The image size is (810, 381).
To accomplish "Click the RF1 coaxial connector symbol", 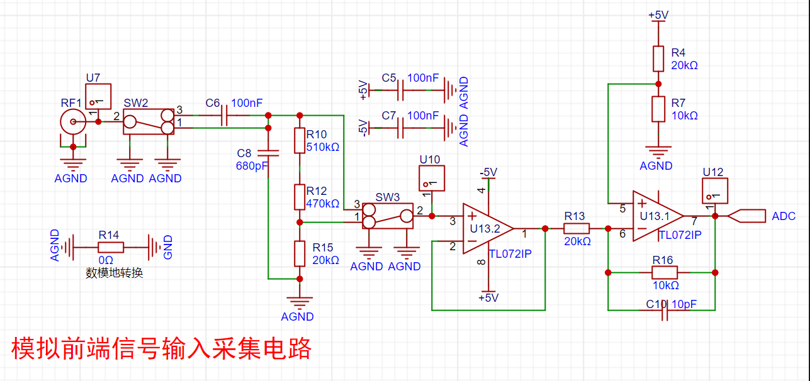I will coord(73,122).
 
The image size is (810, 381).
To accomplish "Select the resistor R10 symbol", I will coord(300,141).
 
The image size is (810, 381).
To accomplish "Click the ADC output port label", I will coord(783,216).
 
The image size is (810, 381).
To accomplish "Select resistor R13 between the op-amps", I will coord(576,229).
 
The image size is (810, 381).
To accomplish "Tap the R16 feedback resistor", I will coord(664,272).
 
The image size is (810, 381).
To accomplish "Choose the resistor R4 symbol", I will coord(658,58).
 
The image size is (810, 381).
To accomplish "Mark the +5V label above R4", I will coord(658,14).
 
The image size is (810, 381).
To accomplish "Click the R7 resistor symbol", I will coord(658,109).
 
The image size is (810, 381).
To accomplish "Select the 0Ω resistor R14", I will coord(110,247).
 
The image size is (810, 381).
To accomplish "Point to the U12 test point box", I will coord(714,190).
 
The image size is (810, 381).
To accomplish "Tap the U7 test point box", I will coord(98,96).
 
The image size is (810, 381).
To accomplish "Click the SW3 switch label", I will coord(387,197).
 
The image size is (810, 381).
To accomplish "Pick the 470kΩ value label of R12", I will coord(322,204).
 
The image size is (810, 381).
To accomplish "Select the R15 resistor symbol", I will coord(300,253).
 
